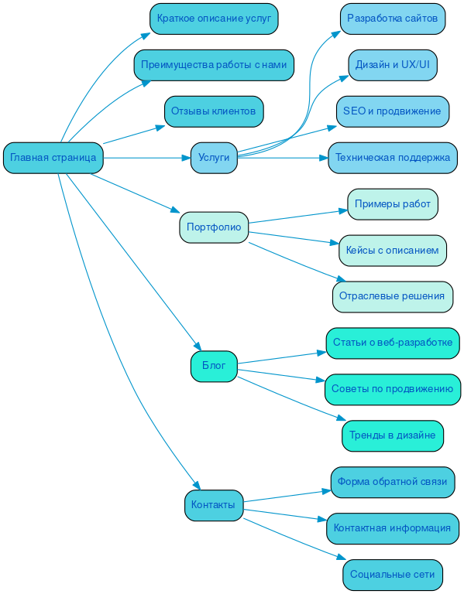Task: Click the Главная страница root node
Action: point(53,158)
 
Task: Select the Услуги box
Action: point(214,158)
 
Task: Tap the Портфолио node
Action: point(214,227)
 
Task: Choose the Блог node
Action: point(214,366)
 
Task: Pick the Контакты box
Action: point(214,505)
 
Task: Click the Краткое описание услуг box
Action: point(214,19)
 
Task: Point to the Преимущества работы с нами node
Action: point(214,65)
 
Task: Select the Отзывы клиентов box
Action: point(214,111)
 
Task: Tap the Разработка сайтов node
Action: point(393,19)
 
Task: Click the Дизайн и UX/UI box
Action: point(393,65)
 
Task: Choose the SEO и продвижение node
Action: point(393,111)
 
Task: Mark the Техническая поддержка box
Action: point(393,158)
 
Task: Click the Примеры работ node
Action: point(393,204)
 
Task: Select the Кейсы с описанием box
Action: point(393,251)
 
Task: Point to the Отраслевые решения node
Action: point(393,296)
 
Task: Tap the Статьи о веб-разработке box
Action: point(393,343)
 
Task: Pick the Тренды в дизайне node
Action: point(393,435)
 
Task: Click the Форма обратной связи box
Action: point(393,482)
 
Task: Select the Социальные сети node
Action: point(393,575)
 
